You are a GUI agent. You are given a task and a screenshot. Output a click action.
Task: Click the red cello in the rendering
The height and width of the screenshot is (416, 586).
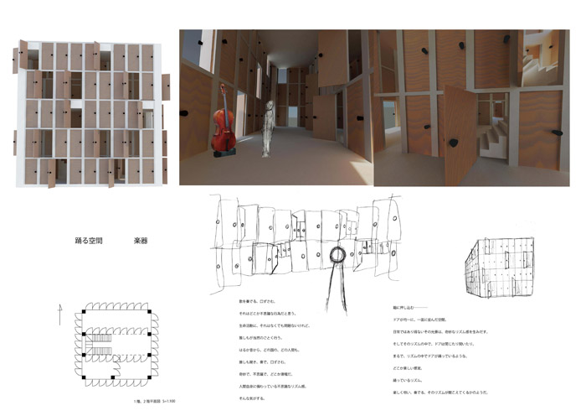click(x=222, y=126)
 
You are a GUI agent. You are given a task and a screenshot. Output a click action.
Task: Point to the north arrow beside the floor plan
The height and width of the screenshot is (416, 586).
click(x=59, y=316)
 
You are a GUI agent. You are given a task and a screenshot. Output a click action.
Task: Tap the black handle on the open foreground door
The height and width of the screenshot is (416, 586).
click(x=453, y=143)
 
